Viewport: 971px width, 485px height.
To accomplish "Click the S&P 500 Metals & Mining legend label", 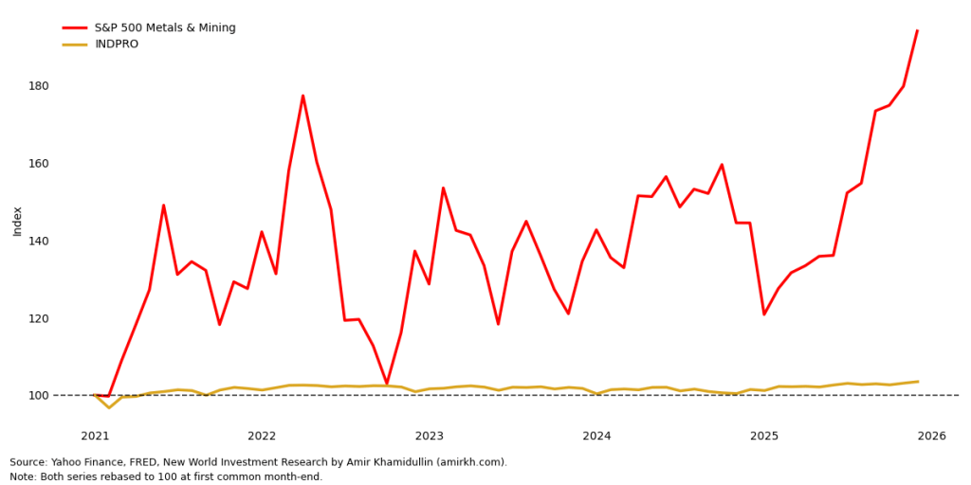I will (165, 28).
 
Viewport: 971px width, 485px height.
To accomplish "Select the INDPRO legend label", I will (117, 45).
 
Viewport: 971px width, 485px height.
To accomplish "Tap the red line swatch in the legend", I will (75, 28).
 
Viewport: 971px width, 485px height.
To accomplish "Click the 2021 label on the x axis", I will (95, 436).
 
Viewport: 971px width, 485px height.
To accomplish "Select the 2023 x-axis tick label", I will (430, 436).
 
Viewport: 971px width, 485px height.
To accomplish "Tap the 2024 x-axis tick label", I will (596, 436).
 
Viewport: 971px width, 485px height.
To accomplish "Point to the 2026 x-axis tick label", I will (931, 436).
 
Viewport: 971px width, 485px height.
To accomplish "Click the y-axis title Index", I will (18, 221).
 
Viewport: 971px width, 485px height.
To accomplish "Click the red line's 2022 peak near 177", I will (302, 96).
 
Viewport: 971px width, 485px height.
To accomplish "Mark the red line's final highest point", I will (917, 31).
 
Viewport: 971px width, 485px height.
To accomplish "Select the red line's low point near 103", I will (387, 384).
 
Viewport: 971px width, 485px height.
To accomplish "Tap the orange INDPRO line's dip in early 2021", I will (109, 407).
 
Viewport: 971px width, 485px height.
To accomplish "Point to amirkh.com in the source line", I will (474, 462).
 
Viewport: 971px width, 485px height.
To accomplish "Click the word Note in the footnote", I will (23, 476).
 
